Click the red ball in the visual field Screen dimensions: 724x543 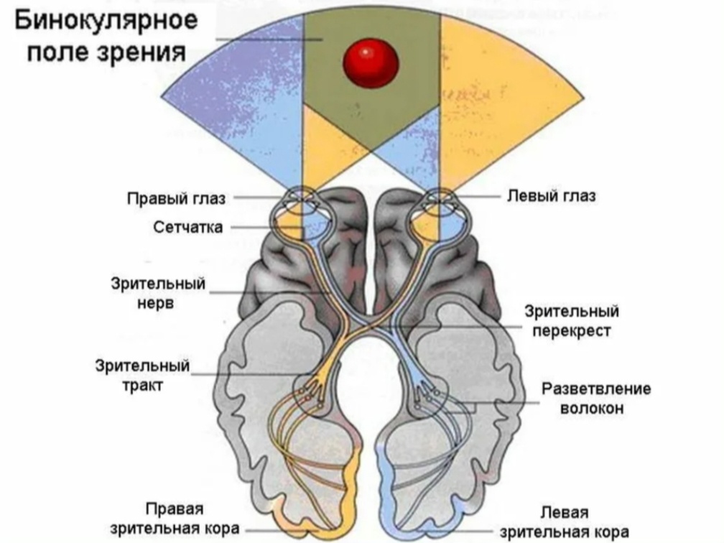click(x=371, y=61)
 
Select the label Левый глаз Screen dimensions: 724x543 click(x=551, y=196)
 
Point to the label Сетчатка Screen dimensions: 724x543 click(x=187, y=227)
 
